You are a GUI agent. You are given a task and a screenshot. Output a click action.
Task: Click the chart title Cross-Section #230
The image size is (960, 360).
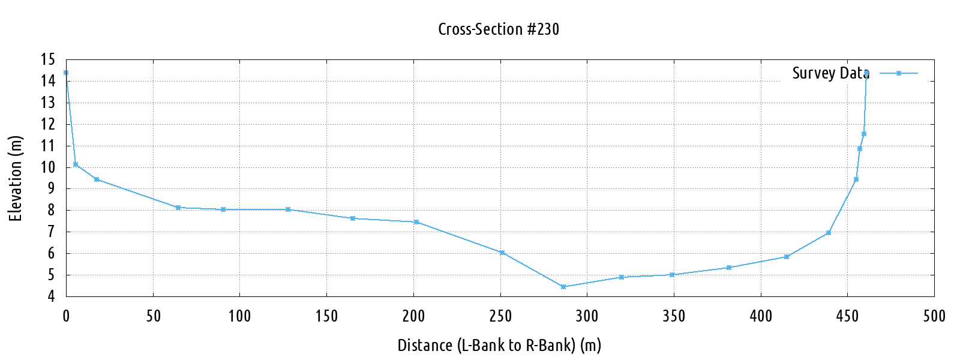pos(499,29)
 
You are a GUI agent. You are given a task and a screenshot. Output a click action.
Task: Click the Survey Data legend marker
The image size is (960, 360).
pos(898,73)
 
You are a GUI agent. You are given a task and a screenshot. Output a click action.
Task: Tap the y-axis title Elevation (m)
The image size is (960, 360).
pos(16,178)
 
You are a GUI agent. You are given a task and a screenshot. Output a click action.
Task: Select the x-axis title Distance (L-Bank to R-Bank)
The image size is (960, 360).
pos(499,346)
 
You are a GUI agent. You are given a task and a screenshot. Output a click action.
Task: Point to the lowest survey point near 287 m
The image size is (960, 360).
pos(563,287)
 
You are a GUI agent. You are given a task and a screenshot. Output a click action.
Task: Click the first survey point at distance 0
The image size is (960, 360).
pos(66,73)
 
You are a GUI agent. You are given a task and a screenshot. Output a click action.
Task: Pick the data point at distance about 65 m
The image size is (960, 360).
pos(178,208)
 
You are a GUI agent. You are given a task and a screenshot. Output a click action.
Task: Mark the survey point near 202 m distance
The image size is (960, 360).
pos(416,222)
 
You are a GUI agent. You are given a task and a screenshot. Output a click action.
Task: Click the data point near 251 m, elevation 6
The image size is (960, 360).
pos(502,253)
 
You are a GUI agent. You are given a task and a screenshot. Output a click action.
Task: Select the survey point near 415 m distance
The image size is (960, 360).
pos(787,257)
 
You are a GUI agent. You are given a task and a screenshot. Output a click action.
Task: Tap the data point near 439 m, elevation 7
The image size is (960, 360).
pos(829,233)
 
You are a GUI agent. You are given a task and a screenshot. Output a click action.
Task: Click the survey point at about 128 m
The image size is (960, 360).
pos(288,209)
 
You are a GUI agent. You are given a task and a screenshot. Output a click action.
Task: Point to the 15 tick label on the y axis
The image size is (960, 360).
pos(48,59)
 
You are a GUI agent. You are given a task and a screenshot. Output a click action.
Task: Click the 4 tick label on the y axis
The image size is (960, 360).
pos(52,296)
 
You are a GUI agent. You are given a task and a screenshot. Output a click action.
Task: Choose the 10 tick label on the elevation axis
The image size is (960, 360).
pos(48,167)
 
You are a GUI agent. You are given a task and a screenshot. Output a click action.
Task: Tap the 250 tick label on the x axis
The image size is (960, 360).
pos(500,316)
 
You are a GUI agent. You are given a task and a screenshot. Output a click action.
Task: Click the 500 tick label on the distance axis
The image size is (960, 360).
pos(934,316)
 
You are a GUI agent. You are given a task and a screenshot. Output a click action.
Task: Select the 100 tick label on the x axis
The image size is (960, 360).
pos(239,316)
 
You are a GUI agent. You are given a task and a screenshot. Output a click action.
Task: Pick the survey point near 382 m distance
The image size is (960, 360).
pos(729,268)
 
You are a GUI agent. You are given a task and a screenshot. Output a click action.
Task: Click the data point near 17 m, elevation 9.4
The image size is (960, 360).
pos(97,179)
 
